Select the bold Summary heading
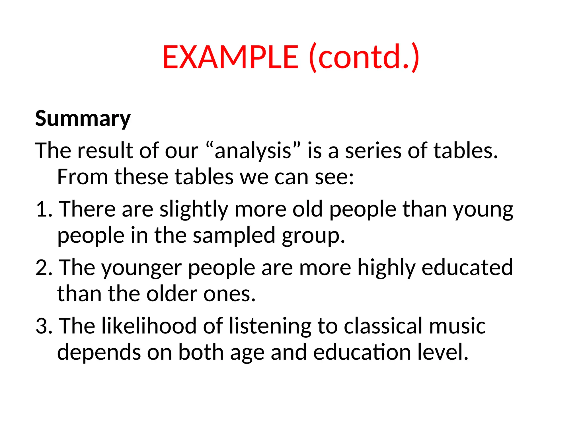point(83,119)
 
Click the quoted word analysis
point(253,151)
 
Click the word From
point(83,177)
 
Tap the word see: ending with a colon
point(334,177)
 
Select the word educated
point(467,268)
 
